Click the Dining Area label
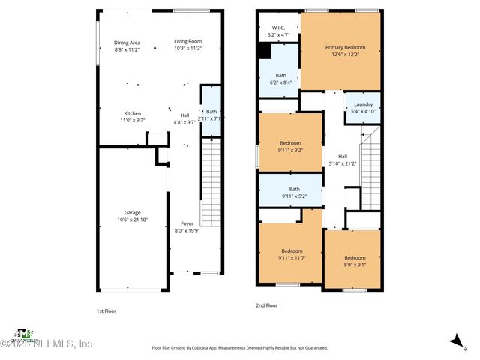(127, 43)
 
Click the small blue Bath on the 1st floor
(211, 114)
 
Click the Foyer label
(187, 224)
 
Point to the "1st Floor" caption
(106, 310)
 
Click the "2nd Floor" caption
(267, 305)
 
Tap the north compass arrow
(455, 340)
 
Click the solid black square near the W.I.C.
(263, 50)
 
